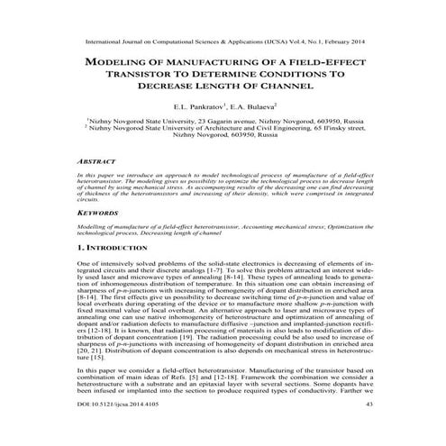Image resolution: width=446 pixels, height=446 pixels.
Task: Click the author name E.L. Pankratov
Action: coord(193,106)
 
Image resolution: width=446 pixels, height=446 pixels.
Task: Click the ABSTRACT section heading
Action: coord(97,159)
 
